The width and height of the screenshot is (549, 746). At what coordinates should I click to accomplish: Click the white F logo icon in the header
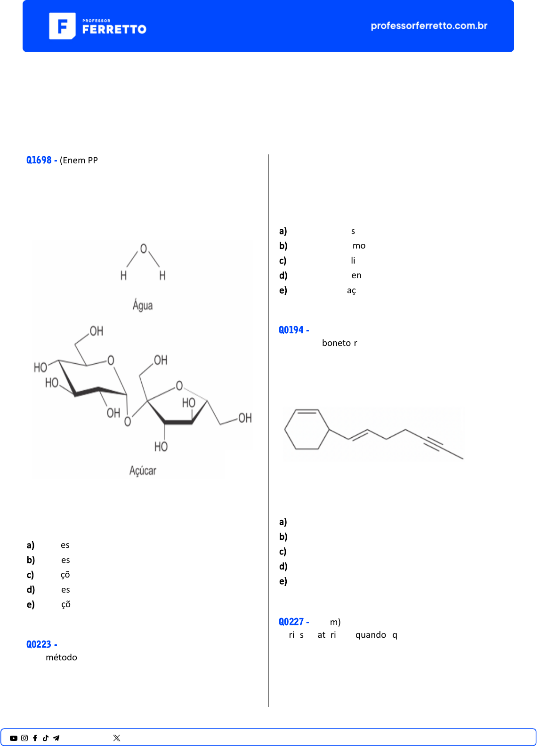(62, 26)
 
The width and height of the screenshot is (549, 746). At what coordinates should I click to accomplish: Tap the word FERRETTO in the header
(114, 29)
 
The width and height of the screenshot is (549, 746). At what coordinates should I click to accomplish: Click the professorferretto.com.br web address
(428, 26)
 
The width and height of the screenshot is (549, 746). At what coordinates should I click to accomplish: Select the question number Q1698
(39, 160)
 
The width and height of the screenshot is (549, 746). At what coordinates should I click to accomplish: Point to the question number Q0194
(291, 330)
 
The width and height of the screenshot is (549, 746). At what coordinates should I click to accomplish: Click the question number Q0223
(39, 644)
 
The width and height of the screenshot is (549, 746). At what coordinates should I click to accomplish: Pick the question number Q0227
(291, 622)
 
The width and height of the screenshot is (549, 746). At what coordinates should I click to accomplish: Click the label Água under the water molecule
(142, 305)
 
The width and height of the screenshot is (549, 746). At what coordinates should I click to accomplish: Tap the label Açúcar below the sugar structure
(143, 470)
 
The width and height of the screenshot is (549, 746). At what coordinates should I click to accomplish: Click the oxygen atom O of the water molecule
(144, 249)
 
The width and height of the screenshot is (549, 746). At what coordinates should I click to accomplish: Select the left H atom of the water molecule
(123, 275)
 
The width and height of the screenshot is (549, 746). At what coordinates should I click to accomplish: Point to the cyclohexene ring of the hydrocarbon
(307, 429)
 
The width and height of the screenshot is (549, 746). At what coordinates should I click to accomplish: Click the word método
(61, 658)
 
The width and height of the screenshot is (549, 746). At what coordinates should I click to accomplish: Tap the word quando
(371, 635)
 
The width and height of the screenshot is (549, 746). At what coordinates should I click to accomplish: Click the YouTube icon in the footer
(14, 738)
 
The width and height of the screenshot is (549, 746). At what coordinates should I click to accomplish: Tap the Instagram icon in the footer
(24, 738)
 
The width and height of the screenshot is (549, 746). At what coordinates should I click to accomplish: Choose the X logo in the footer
(117, 738)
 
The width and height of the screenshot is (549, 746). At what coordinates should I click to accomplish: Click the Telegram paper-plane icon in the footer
(56, 738)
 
